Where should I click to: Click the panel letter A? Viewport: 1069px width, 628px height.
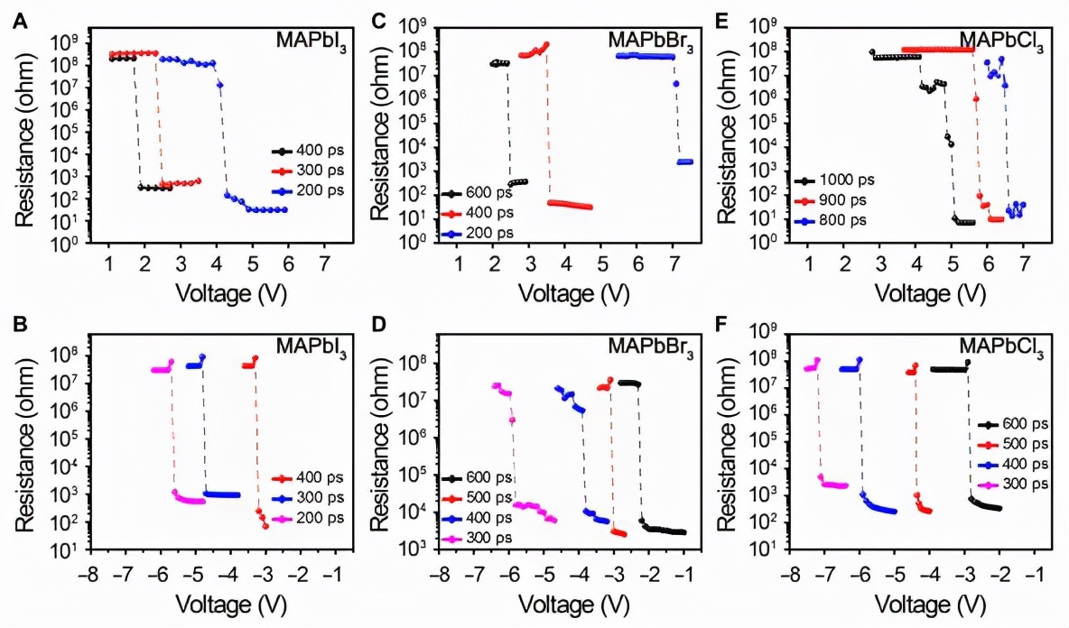pos(19,23)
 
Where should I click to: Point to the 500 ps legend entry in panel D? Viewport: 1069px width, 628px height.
pos(490,497)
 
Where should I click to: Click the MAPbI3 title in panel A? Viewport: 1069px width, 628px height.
pos(304,41)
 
